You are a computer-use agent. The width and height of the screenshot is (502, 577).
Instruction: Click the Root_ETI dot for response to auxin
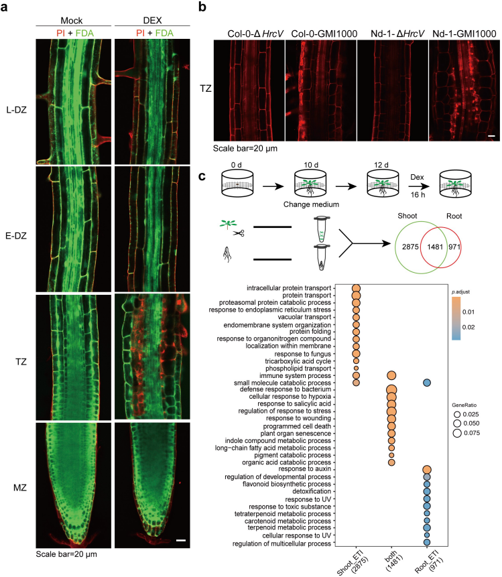(x=427, y=470)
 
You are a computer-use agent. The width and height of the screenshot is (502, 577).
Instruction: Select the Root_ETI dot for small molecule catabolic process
(x=427, y=383)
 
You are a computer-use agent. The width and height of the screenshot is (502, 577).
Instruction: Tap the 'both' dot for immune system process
(x=391, y=376)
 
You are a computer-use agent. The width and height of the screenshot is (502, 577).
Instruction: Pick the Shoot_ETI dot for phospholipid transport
(x=356, y=368)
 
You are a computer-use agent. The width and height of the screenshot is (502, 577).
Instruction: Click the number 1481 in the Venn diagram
(x=435, y=247)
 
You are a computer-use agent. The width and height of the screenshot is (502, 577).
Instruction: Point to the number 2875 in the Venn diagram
(x=410, y=247)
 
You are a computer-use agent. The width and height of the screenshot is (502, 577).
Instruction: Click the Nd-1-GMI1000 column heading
(x=464, y=34)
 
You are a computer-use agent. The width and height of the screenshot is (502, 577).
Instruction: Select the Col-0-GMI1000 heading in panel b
(x=324, y=34)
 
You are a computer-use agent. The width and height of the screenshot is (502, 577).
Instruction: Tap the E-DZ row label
(x=16, y=236)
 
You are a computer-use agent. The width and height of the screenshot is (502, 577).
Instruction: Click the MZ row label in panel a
(x=20, y=488)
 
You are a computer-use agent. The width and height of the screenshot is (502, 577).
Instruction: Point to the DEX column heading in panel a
(x=152, y=20)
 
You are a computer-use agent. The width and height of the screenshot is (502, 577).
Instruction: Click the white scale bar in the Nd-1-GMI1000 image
(x=492, y=136)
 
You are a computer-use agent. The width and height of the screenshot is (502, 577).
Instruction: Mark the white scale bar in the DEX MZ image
(x=181, y=541)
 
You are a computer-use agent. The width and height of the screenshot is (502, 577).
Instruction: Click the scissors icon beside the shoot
(x=239, y=233)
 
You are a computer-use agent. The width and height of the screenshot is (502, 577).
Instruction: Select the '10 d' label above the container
(x=311, y=165)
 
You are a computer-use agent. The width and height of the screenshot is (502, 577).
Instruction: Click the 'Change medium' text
(x=311, y=204)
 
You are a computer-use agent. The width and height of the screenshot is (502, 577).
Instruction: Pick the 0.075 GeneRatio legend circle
(x=457, y=433)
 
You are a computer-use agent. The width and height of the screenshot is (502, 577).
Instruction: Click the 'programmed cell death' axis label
(x=297, y=426)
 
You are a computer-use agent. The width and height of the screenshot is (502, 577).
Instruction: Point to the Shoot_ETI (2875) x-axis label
(x=353, y=562)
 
